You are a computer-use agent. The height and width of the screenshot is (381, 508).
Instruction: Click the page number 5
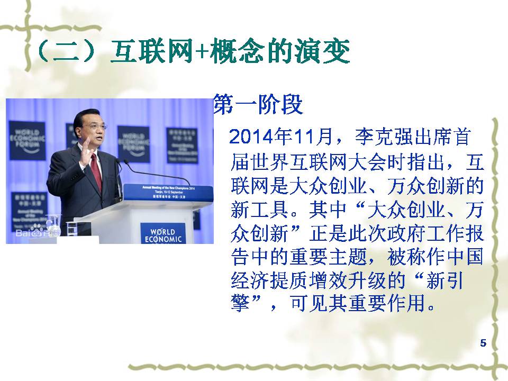pyautogui.click(x=483, y=343)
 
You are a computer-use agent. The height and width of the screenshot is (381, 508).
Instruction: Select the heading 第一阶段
pyautogui.click(x=258, y=104)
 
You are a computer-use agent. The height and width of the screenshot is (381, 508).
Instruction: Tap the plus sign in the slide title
pyautogui.click(x=202, y=52)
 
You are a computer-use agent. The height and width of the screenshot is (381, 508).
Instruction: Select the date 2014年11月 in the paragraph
pyautogui.click(x=281, y=137)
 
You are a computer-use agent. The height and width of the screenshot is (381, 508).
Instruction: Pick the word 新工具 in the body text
pyautogui.click(x=259, y=209)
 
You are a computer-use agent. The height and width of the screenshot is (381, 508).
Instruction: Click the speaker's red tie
pyautogui.click(x=96, y=172)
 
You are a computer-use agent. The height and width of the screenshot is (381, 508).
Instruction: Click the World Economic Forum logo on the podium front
pyautogui.click(x=162, y=233)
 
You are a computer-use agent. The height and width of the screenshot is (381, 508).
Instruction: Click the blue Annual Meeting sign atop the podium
pyautogui.click(x=168, y=192)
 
